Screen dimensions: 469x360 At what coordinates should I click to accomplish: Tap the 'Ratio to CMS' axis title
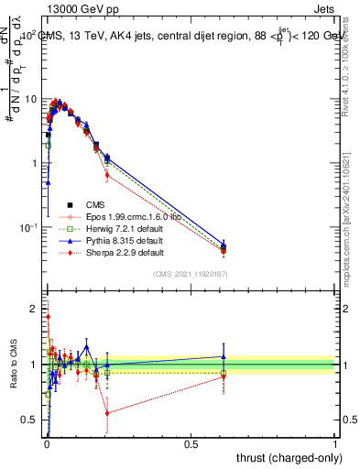point(13,364)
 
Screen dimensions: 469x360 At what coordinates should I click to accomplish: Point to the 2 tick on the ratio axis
point(35,309)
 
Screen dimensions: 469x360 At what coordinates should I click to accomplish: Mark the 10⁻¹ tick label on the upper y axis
point(27,227)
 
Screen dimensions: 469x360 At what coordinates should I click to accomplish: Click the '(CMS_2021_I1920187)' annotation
point(190,274)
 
